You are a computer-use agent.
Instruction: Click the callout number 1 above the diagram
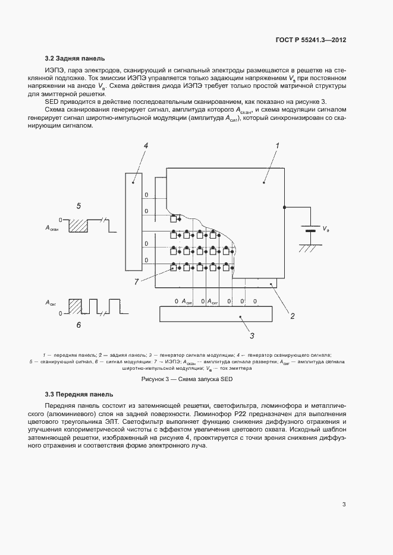276,145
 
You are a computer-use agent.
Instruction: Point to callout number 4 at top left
146,145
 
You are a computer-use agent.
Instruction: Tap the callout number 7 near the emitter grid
136,282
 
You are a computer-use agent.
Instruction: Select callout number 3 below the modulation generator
252,335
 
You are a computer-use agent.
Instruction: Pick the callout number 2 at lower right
293,316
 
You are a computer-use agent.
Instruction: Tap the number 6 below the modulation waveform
78,325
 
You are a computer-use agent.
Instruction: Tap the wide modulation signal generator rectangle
214,313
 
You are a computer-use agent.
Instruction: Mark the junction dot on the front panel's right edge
285,207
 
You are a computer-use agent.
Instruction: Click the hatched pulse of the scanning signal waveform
78,226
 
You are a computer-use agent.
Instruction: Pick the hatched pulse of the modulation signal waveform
76,306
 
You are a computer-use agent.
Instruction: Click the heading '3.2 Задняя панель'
75,58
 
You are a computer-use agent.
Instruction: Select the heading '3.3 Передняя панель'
79,394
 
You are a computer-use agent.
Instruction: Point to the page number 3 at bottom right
344,505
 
